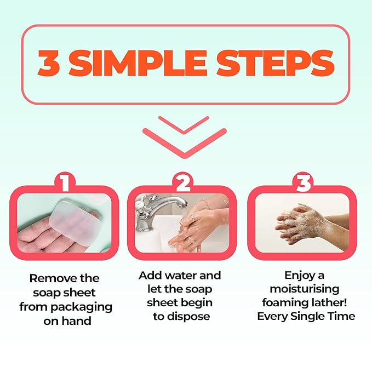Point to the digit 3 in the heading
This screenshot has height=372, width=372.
(49, 64)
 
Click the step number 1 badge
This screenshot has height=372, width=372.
(65, 182)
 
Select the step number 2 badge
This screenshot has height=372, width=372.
(183, 182)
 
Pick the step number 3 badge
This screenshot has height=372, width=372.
(303, 182)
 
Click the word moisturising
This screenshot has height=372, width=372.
(305, 289)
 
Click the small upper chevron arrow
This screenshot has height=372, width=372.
(184, 125)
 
